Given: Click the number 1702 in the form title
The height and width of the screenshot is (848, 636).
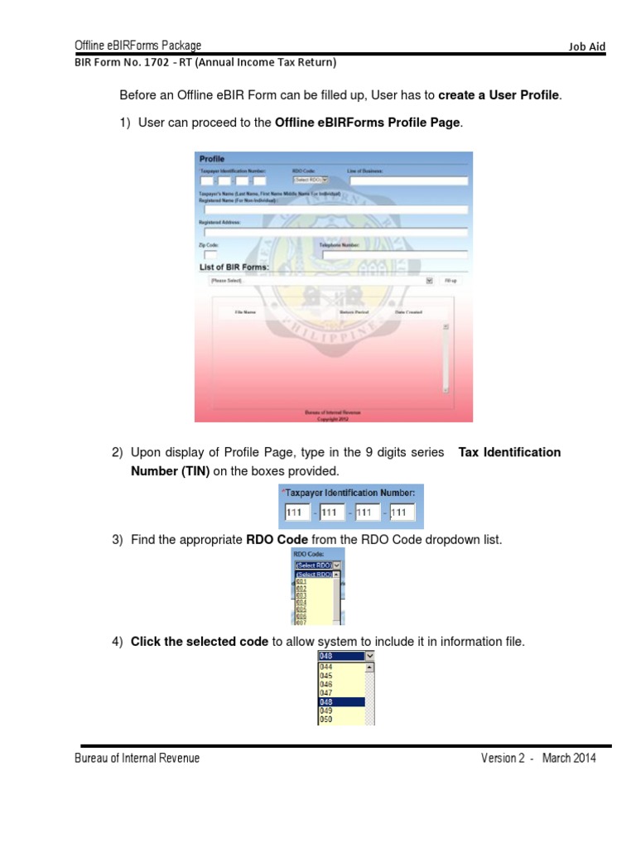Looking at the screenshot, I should pyautogui.click(x=137, y=62).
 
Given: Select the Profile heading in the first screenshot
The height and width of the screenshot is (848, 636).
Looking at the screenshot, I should pyautogui.click(x=211, y=158).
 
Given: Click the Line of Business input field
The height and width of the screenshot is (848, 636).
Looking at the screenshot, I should pyautogui.click(x=407, y=180).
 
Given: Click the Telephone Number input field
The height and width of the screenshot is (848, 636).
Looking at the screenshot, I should pyautogui.click(x=393, y=256).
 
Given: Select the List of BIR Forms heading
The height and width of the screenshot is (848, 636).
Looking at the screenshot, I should pyautogui.click(x=234, y=267).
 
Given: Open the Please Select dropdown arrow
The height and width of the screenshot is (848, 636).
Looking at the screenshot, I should pyautogui.click(x=429, y=281).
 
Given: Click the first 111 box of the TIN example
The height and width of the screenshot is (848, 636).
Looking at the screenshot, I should pyautogui.click(x=295, y=513).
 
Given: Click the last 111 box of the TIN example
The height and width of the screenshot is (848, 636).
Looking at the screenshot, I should pyautogui.click(x=399, y=513).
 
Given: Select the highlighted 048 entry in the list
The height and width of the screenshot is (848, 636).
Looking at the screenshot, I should pyautogui.click(x=340, y=701).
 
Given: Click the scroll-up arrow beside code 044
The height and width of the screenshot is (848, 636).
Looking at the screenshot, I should pyautogui.click(x=369, y=665).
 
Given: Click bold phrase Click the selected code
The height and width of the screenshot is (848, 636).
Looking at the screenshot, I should pyautogui.click(x=200, y=642).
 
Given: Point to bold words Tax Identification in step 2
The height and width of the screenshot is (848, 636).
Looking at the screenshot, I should pyautogui.click(x=509, y=452).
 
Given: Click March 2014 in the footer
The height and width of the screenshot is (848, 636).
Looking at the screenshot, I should pyautogui.click(x=569, y=759).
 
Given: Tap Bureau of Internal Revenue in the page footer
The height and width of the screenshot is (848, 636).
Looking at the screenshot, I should pyautogui.click(x=137, y=759).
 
